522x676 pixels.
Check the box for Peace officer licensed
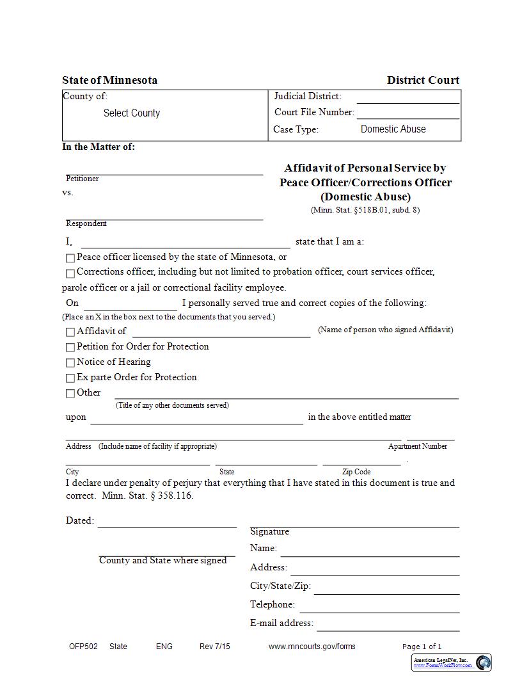tap(70, 258)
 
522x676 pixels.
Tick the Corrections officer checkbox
tap(70, 273)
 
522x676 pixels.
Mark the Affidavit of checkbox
tap(70, 332)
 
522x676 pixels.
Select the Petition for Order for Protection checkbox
tap(70, 348)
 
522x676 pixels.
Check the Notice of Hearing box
tap(70, 363)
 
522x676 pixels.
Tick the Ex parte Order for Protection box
tap(70, 378)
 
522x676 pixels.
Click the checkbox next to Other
tap(70, 394)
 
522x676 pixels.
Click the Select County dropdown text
tap(132, 113)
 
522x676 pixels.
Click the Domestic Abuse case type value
tap(393, 129)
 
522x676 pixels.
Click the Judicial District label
tap(308, 97)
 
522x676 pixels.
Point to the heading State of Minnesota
tap(109, 81)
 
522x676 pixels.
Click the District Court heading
tap(423, 81)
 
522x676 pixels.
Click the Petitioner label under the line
tap(83, 179)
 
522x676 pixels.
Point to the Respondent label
tap(86, 223)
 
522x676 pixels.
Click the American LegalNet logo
tap(452, 663)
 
